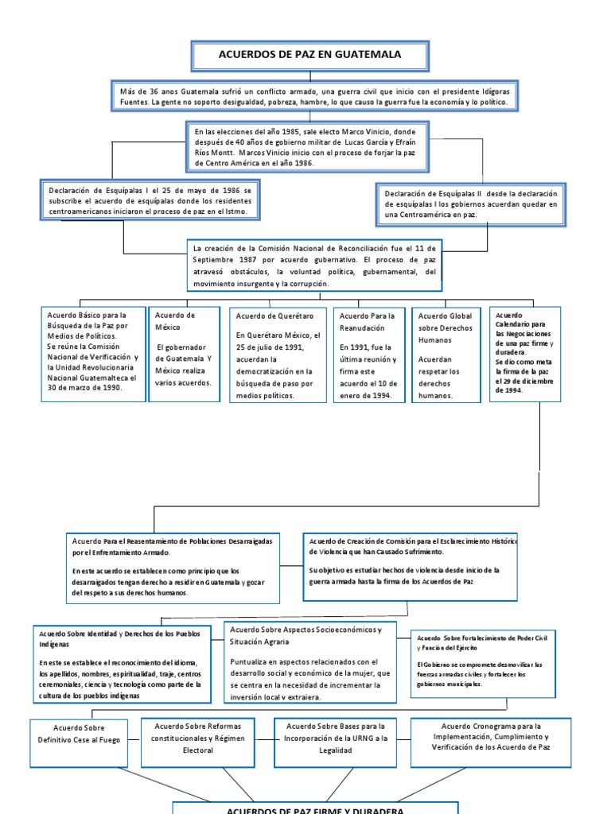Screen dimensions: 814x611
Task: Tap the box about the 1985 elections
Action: point(311,145)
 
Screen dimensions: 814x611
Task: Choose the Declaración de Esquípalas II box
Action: point(470,204)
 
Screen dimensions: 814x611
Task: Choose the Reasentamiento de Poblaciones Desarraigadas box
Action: point(173,567)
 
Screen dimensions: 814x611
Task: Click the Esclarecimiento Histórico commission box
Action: point(411,565)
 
